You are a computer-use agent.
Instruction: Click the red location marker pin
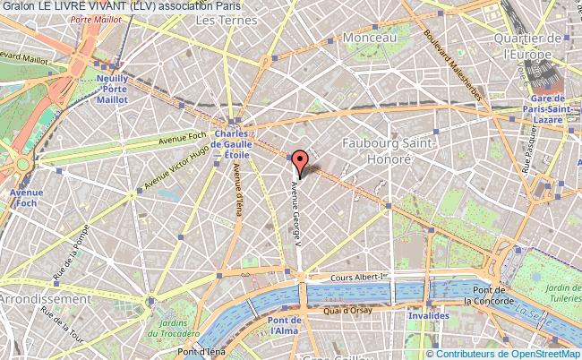[x=300, y=162]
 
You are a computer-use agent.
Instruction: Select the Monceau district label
[x=369, y=39]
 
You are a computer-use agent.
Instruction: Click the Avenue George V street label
[x=294, y=211]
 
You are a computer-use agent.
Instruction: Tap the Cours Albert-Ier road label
[x=355, y=279]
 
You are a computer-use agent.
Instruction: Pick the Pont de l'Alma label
[x=284, y=326]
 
